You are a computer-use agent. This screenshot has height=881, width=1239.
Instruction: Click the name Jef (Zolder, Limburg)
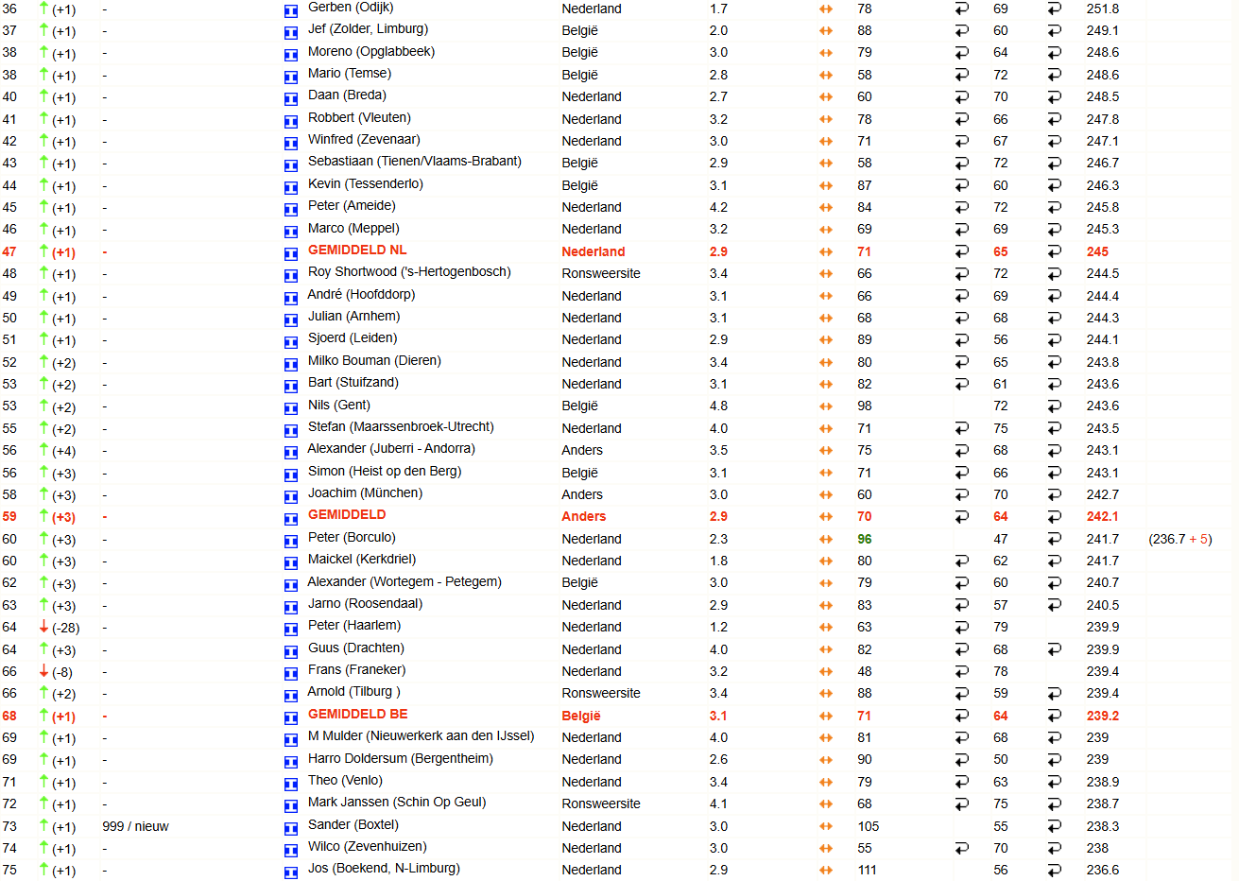click(368, 29)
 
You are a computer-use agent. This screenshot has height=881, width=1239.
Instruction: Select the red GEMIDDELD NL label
click(357, 250)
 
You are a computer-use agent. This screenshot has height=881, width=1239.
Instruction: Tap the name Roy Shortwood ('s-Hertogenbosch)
click(409, 272)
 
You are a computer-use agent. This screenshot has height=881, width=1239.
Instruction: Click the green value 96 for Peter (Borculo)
click(865, 539)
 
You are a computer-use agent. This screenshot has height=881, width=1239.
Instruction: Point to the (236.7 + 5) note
click(1179, 539)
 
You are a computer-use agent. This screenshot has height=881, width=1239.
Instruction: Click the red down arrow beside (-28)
click(43, 627)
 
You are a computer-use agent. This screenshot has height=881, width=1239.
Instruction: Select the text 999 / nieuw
click(135, 826)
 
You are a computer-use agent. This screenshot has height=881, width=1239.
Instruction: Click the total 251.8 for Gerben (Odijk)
click(1102, 9)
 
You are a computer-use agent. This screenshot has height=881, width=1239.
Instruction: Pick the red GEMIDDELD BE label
click(358, 715)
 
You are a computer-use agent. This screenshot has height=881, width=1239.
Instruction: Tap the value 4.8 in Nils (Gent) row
click(718, 406)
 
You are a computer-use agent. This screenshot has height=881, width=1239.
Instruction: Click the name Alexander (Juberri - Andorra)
click(391, 449)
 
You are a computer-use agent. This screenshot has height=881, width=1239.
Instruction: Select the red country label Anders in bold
click(584, 516)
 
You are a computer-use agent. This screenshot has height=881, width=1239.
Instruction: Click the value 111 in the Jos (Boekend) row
click(868, 870)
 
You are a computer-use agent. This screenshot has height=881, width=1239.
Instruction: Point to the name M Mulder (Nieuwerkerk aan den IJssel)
click(421, 736)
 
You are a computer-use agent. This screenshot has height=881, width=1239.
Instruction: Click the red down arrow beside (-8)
click(43, 671)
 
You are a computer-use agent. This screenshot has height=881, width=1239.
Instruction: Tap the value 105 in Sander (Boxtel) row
click(868, 826)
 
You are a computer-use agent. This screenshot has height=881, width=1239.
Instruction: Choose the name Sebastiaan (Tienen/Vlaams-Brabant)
click(414, 162)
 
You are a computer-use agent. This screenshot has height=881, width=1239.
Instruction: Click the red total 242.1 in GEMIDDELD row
click(1102, 516)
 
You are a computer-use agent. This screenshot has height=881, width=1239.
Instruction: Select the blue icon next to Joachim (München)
click(291, 495)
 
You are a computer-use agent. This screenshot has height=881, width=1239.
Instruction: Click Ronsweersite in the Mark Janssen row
click(601, 803)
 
